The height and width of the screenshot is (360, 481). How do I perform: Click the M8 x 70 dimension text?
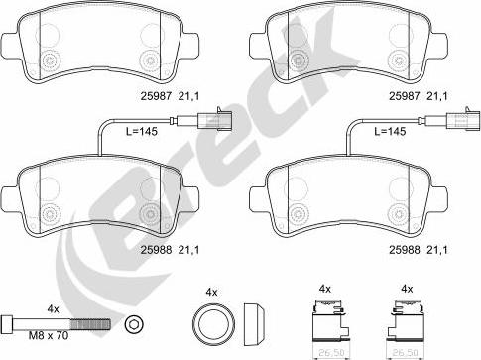[49, 336]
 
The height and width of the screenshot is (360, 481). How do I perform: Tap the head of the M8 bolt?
[7, 323]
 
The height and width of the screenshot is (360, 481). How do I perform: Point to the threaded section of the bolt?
[90, 324]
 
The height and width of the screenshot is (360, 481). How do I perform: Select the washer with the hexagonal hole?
[134, 324]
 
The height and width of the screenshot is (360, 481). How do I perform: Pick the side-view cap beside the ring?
[254, 323]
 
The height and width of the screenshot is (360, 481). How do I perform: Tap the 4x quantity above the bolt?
[53, 309]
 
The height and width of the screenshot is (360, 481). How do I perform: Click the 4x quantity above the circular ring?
[211, 292]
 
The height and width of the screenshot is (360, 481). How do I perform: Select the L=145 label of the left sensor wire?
[142, 131]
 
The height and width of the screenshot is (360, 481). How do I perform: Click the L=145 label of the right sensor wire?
[390, 131]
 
